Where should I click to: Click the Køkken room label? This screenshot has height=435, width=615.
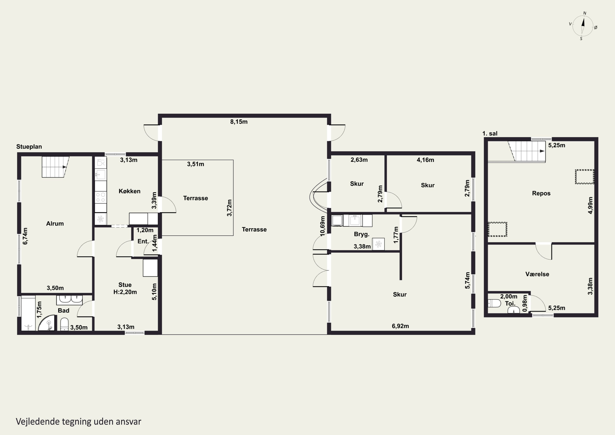tap(129, 191)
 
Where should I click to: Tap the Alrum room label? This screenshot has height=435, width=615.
tap(55, 224)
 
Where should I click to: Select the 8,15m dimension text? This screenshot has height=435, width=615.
tap(239, 122)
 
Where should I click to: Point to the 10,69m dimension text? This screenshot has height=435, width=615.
tap(322, 226)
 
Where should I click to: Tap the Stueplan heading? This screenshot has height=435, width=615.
tap(29, 147)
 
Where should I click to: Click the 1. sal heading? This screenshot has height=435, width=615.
tap(490, 134)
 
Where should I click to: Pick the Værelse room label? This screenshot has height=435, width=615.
tap(537, 274)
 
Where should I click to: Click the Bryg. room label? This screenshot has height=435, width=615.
tap(362, 234)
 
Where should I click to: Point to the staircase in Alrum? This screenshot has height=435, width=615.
tap(55, 167)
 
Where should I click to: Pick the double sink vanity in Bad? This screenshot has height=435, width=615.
tap(69, 300)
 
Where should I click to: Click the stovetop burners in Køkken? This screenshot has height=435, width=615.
tap(101, 197)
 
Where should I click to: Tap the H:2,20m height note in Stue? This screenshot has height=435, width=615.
tap(125, 292)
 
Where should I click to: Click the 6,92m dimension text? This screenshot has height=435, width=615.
tap(400, 326)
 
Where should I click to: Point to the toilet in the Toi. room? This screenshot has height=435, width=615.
tap(494, 303)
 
